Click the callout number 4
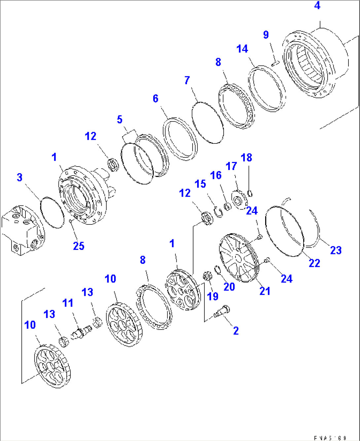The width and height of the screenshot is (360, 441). pyautogui.click(x=317, y=6)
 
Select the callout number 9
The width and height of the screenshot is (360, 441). pyautogui.click(x=266, y=35)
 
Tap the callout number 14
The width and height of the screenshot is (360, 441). pyautogui.click(x=242, y=49)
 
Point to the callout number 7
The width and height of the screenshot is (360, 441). pyautogui.click(x=187, y=80)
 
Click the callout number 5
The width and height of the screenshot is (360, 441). pyautogui.click(x=120, y=119)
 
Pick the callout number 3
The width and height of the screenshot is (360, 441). pyautogui.click(x=20, y=177)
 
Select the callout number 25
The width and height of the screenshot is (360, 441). pyautogui.click(x=79, y=246)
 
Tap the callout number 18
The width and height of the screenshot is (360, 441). pyautogui.click(x=246, y=158)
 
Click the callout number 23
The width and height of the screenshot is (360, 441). pyautogui.click(x=336, y=250)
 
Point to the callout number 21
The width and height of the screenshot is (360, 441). pyautogui.click(x=265, y=291)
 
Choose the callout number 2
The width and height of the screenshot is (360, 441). pyautogui.click(x=236, y=331)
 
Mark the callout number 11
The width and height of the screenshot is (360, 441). pyautogui.click(x=68, y=303)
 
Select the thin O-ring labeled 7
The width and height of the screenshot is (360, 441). pyautogui.click(x=208, y=122)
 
